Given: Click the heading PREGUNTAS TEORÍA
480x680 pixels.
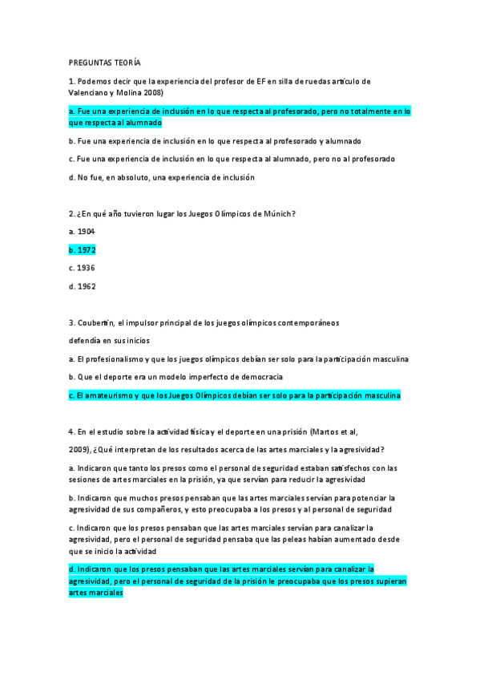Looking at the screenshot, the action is [x=105, y=63].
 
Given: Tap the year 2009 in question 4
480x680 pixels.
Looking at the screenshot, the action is [x=80, y=449].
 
